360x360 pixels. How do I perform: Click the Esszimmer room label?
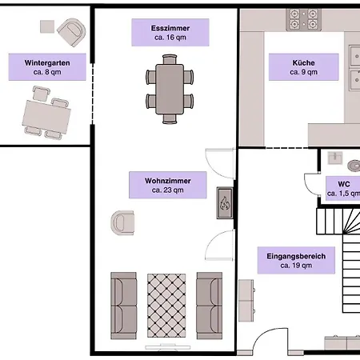click(170, 33)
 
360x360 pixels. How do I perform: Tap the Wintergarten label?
click(47, 67)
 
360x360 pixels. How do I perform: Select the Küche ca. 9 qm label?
click(304, 67)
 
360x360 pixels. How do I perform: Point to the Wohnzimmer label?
click(168, 185)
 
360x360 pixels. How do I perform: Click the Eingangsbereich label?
click(296, 260)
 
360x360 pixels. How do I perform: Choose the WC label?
click(343, 189)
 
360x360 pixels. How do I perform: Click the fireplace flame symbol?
click(225, 203)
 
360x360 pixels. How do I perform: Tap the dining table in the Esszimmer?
click(170, 90)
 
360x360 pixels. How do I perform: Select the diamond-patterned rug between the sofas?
click(166, 306)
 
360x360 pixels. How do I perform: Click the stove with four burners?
click(303, 20)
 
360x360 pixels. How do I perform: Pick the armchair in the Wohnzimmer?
click(122, 223)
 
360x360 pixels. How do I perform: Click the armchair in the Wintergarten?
click(72, 32)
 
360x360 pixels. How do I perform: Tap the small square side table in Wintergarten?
click(47, 26)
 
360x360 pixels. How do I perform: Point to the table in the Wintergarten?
click(46, 117)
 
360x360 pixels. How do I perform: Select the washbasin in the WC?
click(335, 158)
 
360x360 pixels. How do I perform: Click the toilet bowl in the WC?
click(354, 166)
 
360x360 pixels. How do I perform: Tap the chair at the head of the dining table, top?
click(170, 59)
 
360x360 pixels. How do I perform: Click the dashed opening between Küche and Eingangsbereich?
click(287, 148)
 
